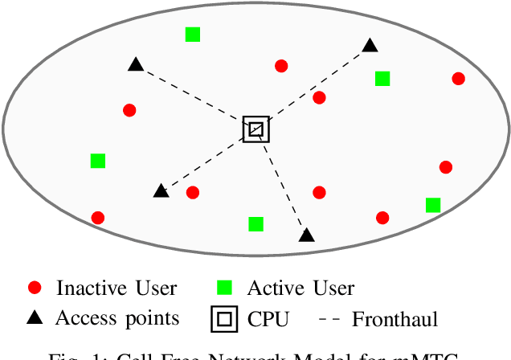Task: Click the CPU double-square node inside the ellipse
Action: (x=256, y=129)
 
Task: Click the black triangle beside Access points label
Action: (x=34, y=318)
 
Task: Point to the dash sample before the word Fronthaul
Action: (x=329, y=319)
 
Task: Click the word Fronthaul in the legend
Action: (x=394, y=319)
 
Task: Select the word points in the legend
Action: (x=151, y=319)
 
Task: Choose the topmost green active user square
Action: (x=193, y=34)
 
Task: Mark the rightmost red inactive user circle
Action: (x=458, y=79)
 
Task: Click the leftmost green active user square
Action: (x=98, y=161)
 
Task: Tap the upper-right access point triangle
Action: (x=370, y=46)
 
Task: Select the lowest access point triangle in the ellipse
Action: (x=306, y=235)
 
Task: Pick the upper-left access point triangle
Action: (x=136, y=64)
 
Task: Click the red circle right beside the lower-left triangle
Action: (x=193, y=192)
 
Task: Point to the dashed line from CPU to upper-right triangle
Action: (x=313, y=87)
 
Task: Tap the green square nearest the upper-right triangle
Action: (x=382, y=79)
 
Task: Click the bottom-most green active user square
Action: (x=255, y=223)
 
